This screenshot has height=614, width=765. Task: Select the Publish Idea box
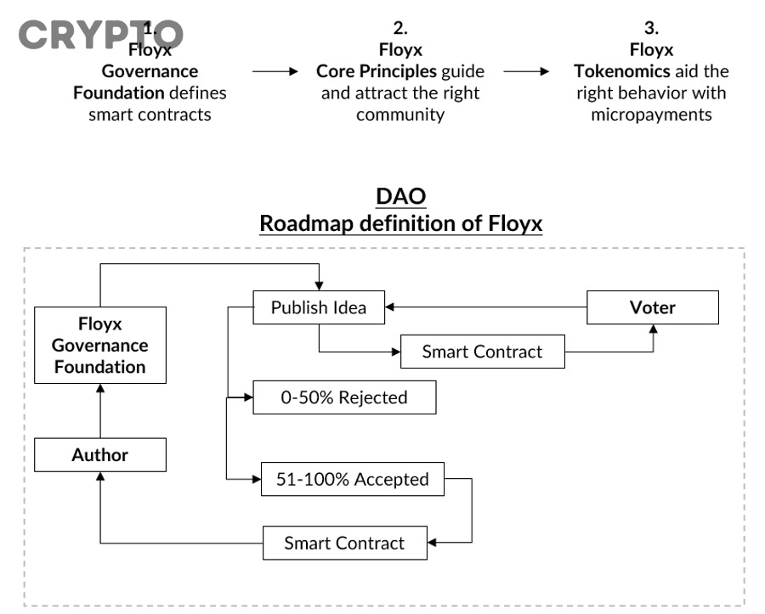point(319,307)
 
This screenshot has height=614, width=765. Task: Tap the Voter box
point(653,307)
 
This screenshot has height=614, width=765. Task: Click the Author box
point(100,455)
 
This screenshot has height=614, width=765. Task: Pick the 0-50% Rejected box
point(344,397)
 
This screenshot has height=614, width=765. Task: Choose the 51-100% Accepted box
point(353,480)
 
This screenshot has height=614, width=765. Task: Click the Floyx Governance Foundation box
point(100,346)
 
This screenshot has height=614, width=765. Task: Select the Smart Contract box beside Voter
point(482,352)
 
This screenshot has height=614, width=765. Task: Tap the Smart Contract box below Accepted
point(344,544)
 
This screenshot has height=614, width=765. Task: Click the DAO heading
point(400,196)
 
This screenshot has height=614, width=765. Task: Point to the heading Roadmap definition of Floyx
point(400,224)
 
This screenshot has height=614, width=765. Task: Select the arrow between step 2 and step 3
point(527,72)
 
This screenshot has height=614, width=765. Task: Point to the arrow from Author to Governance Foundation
point(100,411)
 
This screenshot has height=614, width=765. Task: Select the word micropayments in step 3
point(651,114)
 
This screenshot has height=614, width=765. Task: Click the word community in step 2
point(399,114)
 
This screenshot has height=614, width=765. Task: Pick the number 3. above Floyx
point(652,28)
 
